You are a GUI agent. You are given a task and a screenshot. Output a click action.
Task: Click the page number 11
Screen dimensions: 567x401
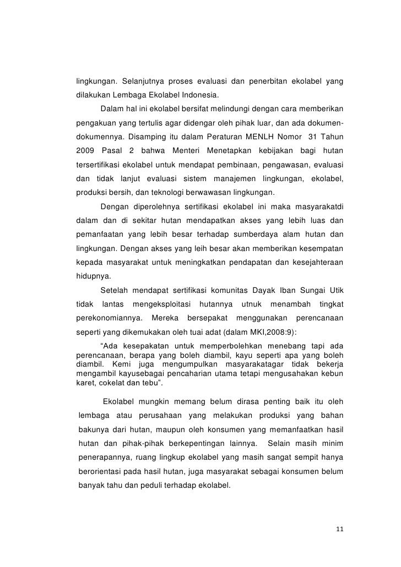click(339, 530)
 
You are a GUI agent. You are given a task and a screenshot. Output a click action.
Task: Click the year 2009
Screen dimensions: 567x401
click(86, 150)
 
